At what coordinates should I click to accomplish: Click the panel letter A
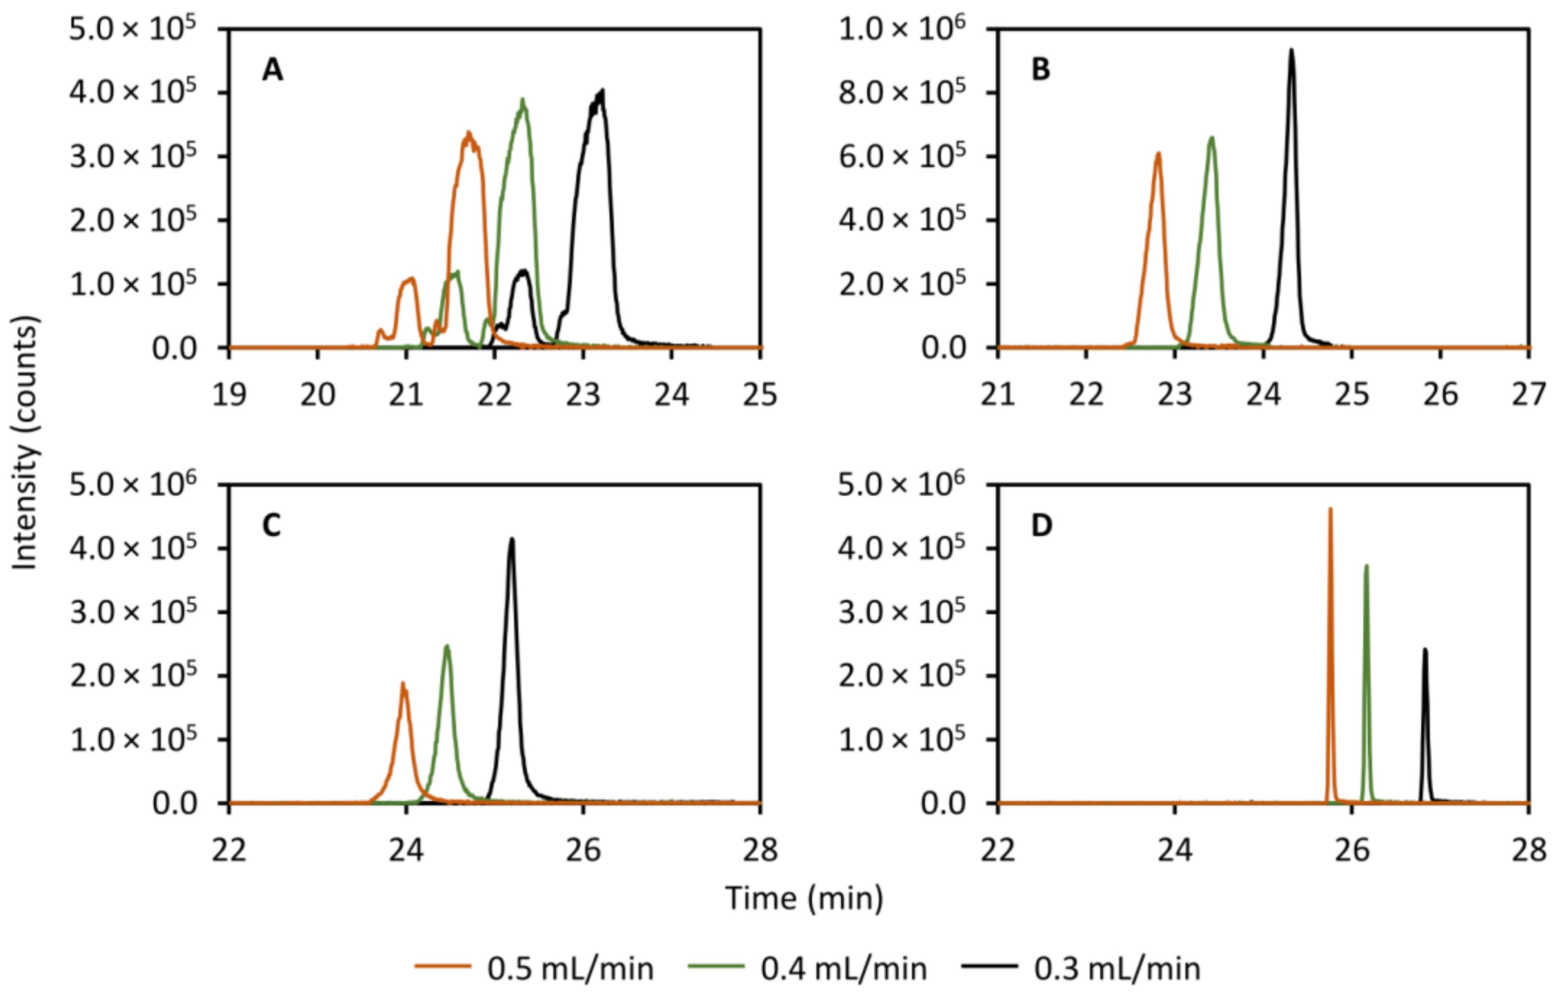tap(272, 69)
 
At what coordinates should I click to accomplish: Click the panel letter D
tap(1041, 525)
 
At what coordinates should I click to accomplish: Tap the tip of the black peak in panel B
tap(1291, 50)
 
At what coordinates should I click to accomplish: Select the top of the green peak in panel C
tap(446, 646)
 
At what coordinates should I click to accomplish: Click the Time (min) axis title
tap(804, 899)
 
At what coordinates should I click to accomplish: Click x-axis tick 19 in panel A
tap(229, 395)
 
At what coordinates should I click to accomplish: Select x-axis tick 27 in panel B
tap(1529, 395)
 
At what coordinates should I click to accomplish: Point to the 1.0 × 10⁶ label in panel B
tap(901, 29)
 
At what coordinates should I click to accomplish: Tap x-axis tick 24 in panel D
tap(1174, 850)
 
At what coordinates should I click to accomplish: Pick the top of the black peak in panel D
tap(1425, 649)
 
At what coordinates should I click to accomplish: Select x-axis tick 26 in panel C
tap(583, 850)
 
